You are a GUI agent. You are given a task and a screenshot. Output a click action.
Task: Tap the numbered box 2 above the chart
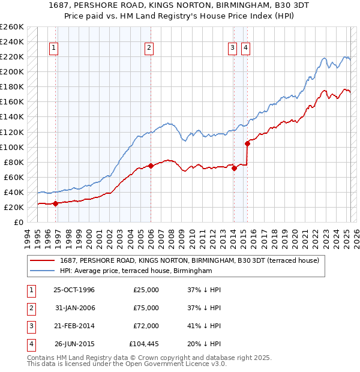148,49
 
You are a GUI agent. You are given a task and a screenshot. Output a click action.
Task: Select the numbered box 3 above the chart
233,49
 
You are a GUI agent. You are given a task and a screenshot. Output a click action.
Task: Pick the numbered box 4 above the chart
246,49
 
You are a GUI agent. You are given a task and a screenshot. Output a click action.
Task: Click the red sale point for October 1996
56,203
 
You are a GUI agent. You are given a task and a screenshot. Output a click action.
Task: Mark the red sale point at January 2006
151,166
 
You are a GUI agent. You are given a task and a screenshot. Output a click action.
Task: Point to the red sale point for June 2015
247,143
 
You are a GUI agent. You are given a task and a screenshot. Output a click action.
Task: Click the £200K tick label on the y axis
13,71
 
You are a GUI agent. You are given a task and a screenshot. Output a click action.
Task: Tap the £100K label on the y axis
13,147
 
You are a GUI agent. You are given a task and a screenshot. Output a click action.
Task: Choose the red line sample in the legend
43,260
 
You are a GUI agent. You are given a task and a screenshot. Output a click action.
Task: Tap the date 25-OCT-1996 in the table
74,290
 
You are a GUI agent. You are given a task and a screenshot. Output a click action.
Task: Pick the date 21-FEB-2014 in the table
74,326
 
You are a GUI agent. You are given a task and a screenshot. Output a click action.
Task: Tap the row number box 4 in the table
30,344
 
